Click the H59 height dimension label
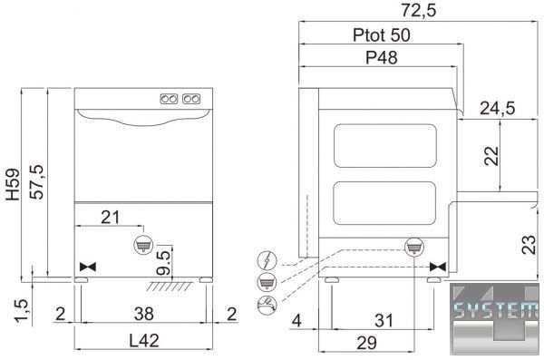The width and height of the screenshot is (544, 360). point(14,184)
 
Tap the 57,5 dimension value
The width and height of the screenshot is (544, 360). point(36,181)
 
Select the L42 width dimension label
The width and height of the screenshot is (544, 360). point(144,341)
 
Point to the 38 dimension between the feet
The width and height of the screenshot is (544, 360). point(143,314)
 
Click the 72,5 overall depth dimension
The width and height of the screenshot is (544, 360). point(419,10)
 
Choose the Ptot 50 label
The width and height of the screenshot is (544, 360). point(382,35)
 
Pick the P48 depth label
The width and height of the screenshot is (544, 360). point(382,58)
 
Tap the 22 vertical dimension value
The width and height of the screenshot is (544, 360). point(491,156)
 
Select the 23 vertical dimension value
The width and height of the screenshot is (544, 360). point(529,245)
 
